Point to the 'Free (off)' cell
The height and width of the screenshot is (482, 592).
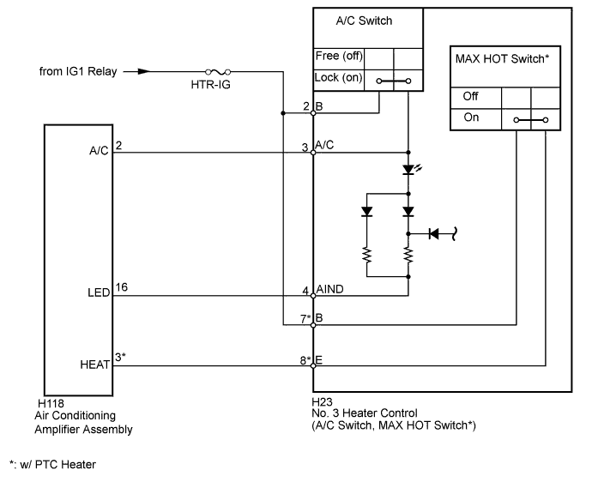tap(338, 57)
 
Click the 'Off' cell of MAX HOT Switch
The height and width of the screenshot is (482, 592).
tap(471, 96)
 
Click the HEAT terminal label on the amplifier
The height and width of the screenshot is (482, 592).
tap(94, 365)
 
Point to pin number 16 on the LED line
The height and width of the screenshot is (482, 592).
tap(121, 288)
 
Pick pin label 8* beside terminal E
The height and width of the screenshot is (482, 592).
tap(305, 360)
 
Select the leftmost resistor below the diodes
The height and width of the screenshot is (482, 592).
tap(367, 254)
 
